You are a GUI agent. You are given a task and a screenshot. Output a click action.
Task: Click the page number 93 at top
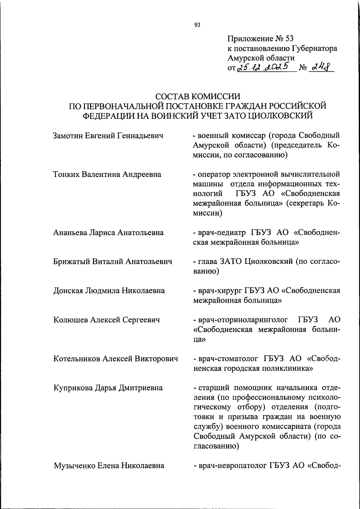coord(197,25)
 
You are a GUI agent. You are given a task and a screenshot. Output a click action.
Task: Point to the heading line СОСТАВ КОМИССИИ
coord(198,97)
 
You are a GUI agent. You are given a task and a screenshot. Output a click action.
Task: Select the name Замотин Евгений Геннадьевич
coord(108,136)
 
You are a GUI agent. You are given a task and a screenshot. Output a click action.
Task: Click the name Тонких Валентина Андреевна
coord(107,174)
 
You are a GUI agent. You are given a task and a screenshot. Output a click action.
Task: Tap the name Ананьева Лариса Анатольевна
coord(108,232)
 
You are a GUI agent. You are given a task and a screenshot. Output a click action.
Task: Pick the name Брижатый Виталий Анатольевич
coord(112,262)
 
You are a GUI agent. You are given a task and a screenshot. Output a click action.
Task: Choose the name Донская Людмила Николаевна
coord(109,291)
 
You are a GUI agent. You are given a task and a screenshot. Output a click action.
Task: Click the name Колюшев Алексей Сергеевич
coord(106,320)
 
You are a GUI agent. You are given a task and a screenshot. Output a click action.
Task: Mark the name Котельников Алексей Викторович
coord(115,358)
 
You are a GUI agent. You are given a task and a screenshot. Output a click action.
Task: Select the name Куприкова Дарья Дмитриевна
coord(108,388)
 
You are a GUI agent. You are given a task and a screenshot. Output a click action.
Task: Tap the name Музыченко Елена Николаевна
coord(109,465)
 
